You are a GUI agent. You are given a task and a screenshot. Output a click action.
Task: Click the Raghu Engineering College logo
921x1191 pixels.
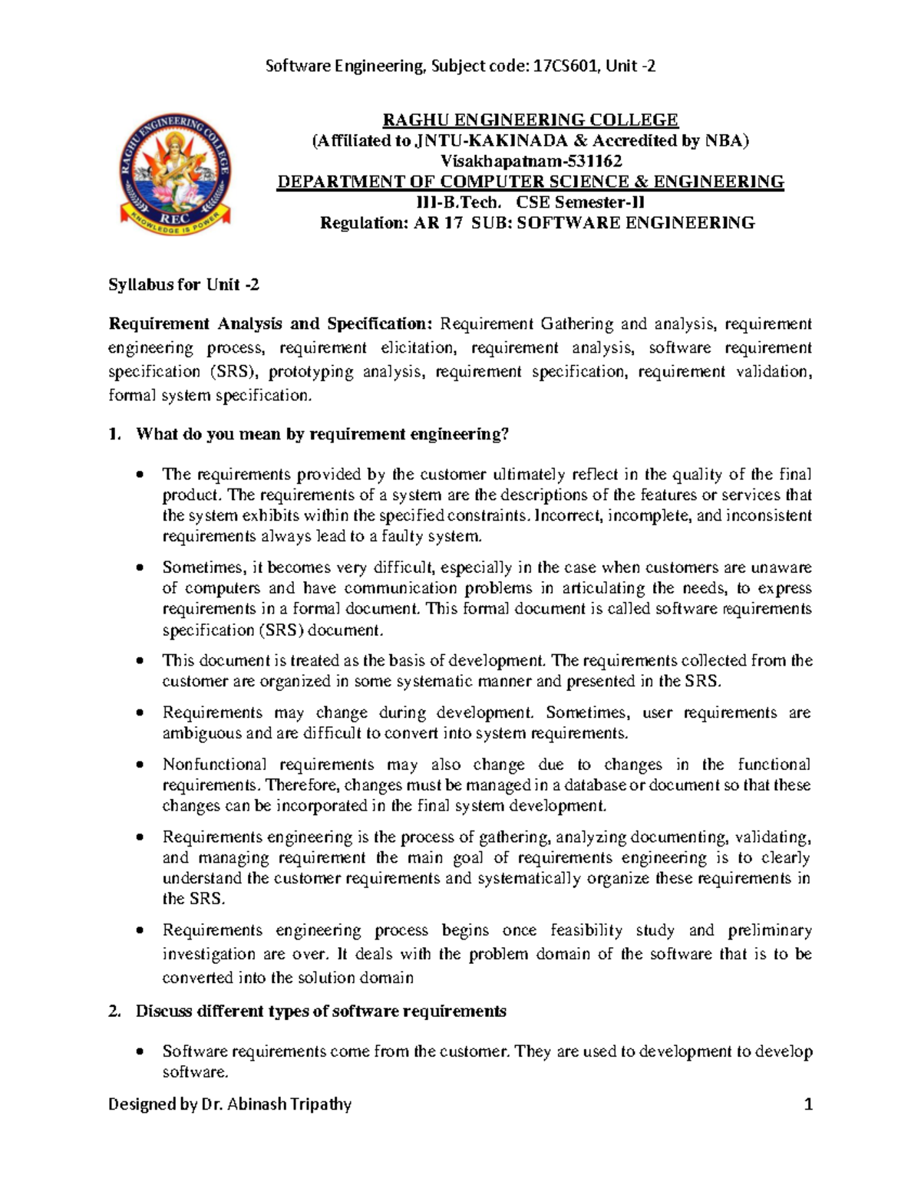tap(175, 173)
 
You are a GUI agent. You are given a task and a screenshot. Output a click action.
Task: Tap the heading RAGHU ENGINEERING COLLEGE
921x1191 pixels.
tap(530, 120)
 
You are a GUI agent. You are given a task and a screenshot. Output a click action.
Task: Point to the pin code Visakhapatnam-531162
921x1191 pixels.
tap(530, 161)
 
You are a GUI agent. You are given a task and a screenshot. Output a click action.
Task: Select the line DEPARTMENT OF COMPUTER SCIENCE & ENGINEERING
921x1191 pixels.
tap(530, 182)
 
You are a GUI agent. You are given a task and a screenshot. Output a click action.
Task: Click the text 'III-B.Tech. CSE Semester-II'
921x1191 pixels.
tap(530, 202)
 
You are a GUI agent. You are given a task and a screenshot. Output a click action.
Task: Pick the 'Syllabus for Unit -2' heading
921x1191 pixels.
tap(183, 285)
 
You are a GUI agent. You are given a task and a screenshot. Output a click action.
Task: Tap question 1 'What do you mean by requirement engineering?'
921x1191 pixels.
tap(322, 435)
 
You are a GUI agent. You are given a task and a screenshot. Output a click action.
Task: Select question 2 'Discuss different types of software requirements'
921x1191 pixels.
tap(321, 1011)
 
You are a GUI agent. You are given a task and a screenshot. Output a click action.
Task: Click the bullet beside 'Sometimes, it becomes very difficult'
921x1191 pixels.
tap(139, 568)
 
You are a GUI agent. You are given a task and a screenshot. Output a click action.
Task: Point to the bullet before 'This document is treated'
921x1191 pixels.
tap(139, 661)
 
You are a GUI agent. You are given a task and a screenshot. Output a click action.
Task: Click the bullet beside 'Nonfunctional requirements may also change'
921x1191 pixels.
tap(139, 765)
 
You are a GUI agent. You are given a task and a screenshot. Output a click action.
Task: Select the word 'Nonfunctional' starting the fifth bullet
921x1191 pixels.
tap(214, 765)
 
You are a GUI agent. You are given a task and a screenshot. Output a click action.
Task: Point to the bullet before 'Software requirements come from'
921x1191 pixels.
tap(139, 1051)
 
